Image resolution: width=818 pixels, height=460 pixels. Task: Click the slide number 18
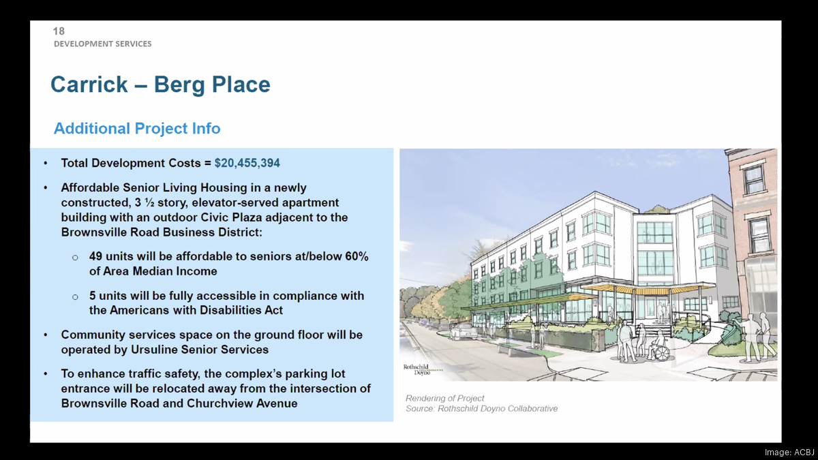tap(59, 31)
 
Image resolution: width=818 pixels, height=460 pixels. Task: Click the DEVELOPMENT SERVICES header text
tap(103, 44)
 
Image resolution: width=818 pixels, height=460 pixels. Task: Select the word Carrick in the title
tap(89, 85)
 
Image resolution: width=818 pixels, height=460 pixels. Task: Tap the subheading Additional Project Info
tap(137, 128)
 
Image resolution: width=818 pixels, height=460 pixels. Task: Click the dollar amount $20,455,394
tap(247, 164)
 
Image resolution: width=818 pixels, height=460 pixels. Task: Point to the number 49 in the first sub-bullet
tap(96, 257)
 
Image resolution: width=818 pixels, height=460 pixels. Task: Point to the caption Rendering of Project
tap(444, 398)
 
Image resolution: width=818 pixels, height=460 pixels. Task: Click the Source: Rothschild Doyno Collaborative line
tap(481, 409)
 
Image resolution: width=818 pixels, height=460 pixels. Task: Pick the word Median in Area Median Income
tap(151, 271)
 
